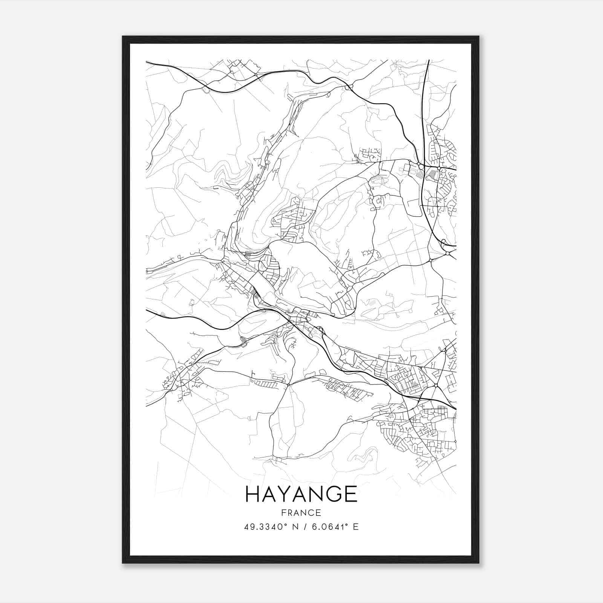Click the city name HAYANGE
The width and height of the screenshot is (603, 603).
(301, 494)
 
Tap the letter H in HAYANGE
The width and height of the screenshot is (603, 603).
(253, 494)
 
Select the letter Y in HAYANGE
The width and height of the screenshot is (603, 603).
(287, 494)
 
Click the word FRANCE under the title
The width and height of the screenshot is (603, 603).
(301, 513)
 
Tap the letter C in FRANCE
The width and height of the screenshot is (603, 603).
(311, 513)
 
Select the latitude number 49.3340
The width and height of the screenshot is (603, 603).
(261, 526)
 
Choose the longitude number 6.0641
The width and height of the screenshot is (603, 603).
(325, 526)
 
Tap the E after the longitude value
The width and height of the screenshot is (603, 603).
(355, 526)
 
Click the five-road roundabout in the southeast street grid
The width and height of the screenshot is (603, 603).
(436, 385)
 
